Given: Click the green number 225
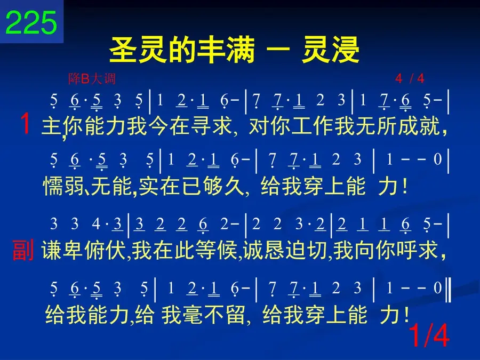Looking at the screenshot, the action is (31, 22).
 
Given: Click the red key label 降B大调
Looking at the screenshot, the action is (92, 79).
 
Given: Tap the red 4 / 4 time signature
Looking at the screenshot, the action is (410, 79).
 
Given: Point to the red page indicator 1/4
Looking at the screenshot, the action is (429, 335).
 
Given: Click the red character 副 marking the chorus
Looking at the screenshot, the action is (23, 250).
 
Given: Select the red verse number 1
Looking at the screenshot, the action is (25, 123).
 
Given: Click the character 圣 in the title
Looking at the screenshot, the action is (123, 50).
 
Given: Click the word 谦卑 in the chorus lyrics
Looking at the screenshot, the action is (62, 250).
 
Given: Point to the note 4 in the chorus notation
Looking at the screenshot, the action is (96, 224).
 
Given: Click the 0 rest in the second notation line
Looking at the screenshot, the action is (438, 159).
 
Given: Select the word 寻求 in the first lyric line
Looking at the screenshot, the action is (211, 126).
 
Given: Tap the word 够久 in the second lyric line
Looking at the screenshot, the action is (223, 186).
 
